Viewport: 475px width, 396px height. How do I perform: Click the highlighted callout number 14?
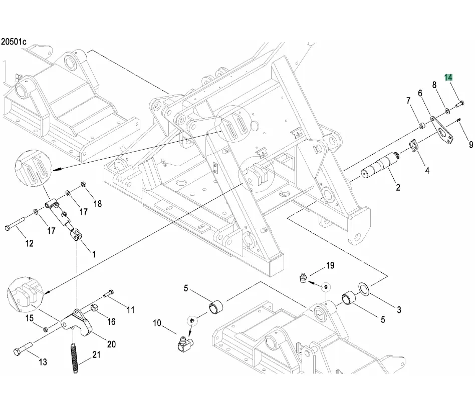448,78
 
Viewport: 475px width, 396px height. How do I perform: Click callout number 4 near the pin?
427,170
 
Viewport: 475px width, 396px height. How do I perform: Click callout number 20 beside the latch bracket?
111,344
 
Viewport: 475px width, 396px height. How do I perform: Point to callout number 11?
130,310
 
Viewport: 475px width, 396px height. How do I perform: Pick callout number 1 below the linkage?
93,254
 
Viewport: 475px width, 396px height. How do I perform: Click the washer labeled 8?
446,109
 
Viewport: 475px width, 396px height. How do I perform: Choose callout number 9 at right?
470,145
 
